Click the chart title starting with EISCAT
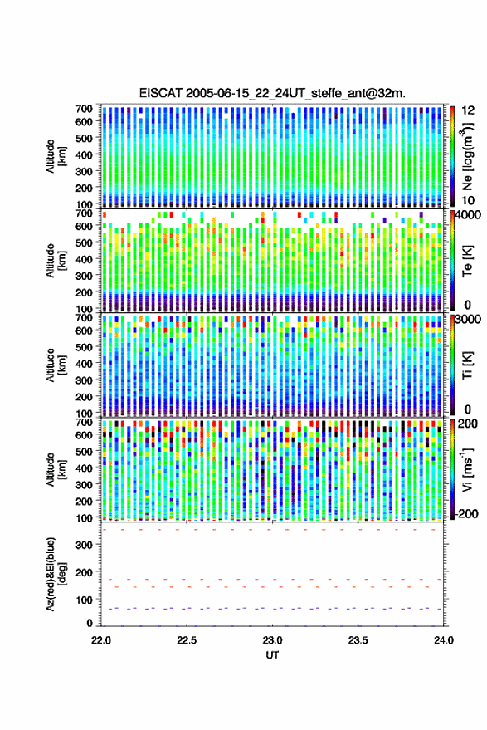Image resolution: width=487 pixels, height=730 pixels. pyautogui.click(x=272, y=93)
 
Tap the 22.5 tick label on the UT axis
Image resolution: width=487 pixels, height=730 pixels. pyautogui.click(x=187, y=640)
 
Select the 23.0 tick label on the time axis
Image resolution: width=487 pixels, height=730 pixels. pyautogui.click(x=272, y=640)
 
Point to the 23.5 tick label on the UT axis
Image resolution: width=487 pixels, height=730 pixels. pyautogui.click(x=358, y=640)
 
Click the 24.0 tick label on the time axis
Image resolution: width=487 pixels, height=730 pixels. pyautogui.click(x=443, y=640)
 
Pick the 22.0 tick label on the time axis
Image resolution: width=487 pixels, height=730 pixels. pyautogui.click(x=101, y=640)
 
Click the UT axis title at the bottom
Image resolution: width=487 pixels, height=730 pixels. pyautogui.click(x=272, y=655)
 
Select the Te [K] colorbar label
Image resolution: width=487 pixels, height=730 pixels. pyautogui.click(x=467, y=261)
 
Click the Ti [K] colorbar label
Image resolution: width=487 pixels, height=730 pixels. pyautogui.click(x=467, y=365)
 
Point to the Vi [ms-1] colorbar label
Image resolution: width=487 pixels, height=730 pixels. pyautogui.click(x=467, y=469)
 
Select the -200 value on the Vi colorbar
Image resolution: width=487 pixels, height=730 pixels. pyautogui.click(x=466, y=513)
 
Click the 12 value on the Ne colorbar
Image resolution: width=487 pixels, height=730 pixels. pyautogui.click(x=468, y=110)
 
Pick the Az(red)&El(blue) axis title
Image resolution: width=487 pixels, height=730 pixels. pyautogui.click(x=56, y=574)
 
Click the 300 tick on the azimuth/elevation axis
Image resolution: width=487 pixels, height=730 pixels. pyautogui.click(x=84, y=545)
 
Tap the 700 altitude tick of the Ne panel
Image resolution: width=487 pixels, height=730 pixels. pyautogui.click(x=84, y=109)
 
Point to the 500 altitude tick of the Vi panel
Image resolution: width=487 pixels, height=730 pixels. pyautogui.click(x=84, y=451)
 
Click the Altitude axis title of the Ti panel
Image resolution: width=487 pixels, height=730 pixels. pyautogui.click(x=56, y=365)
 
